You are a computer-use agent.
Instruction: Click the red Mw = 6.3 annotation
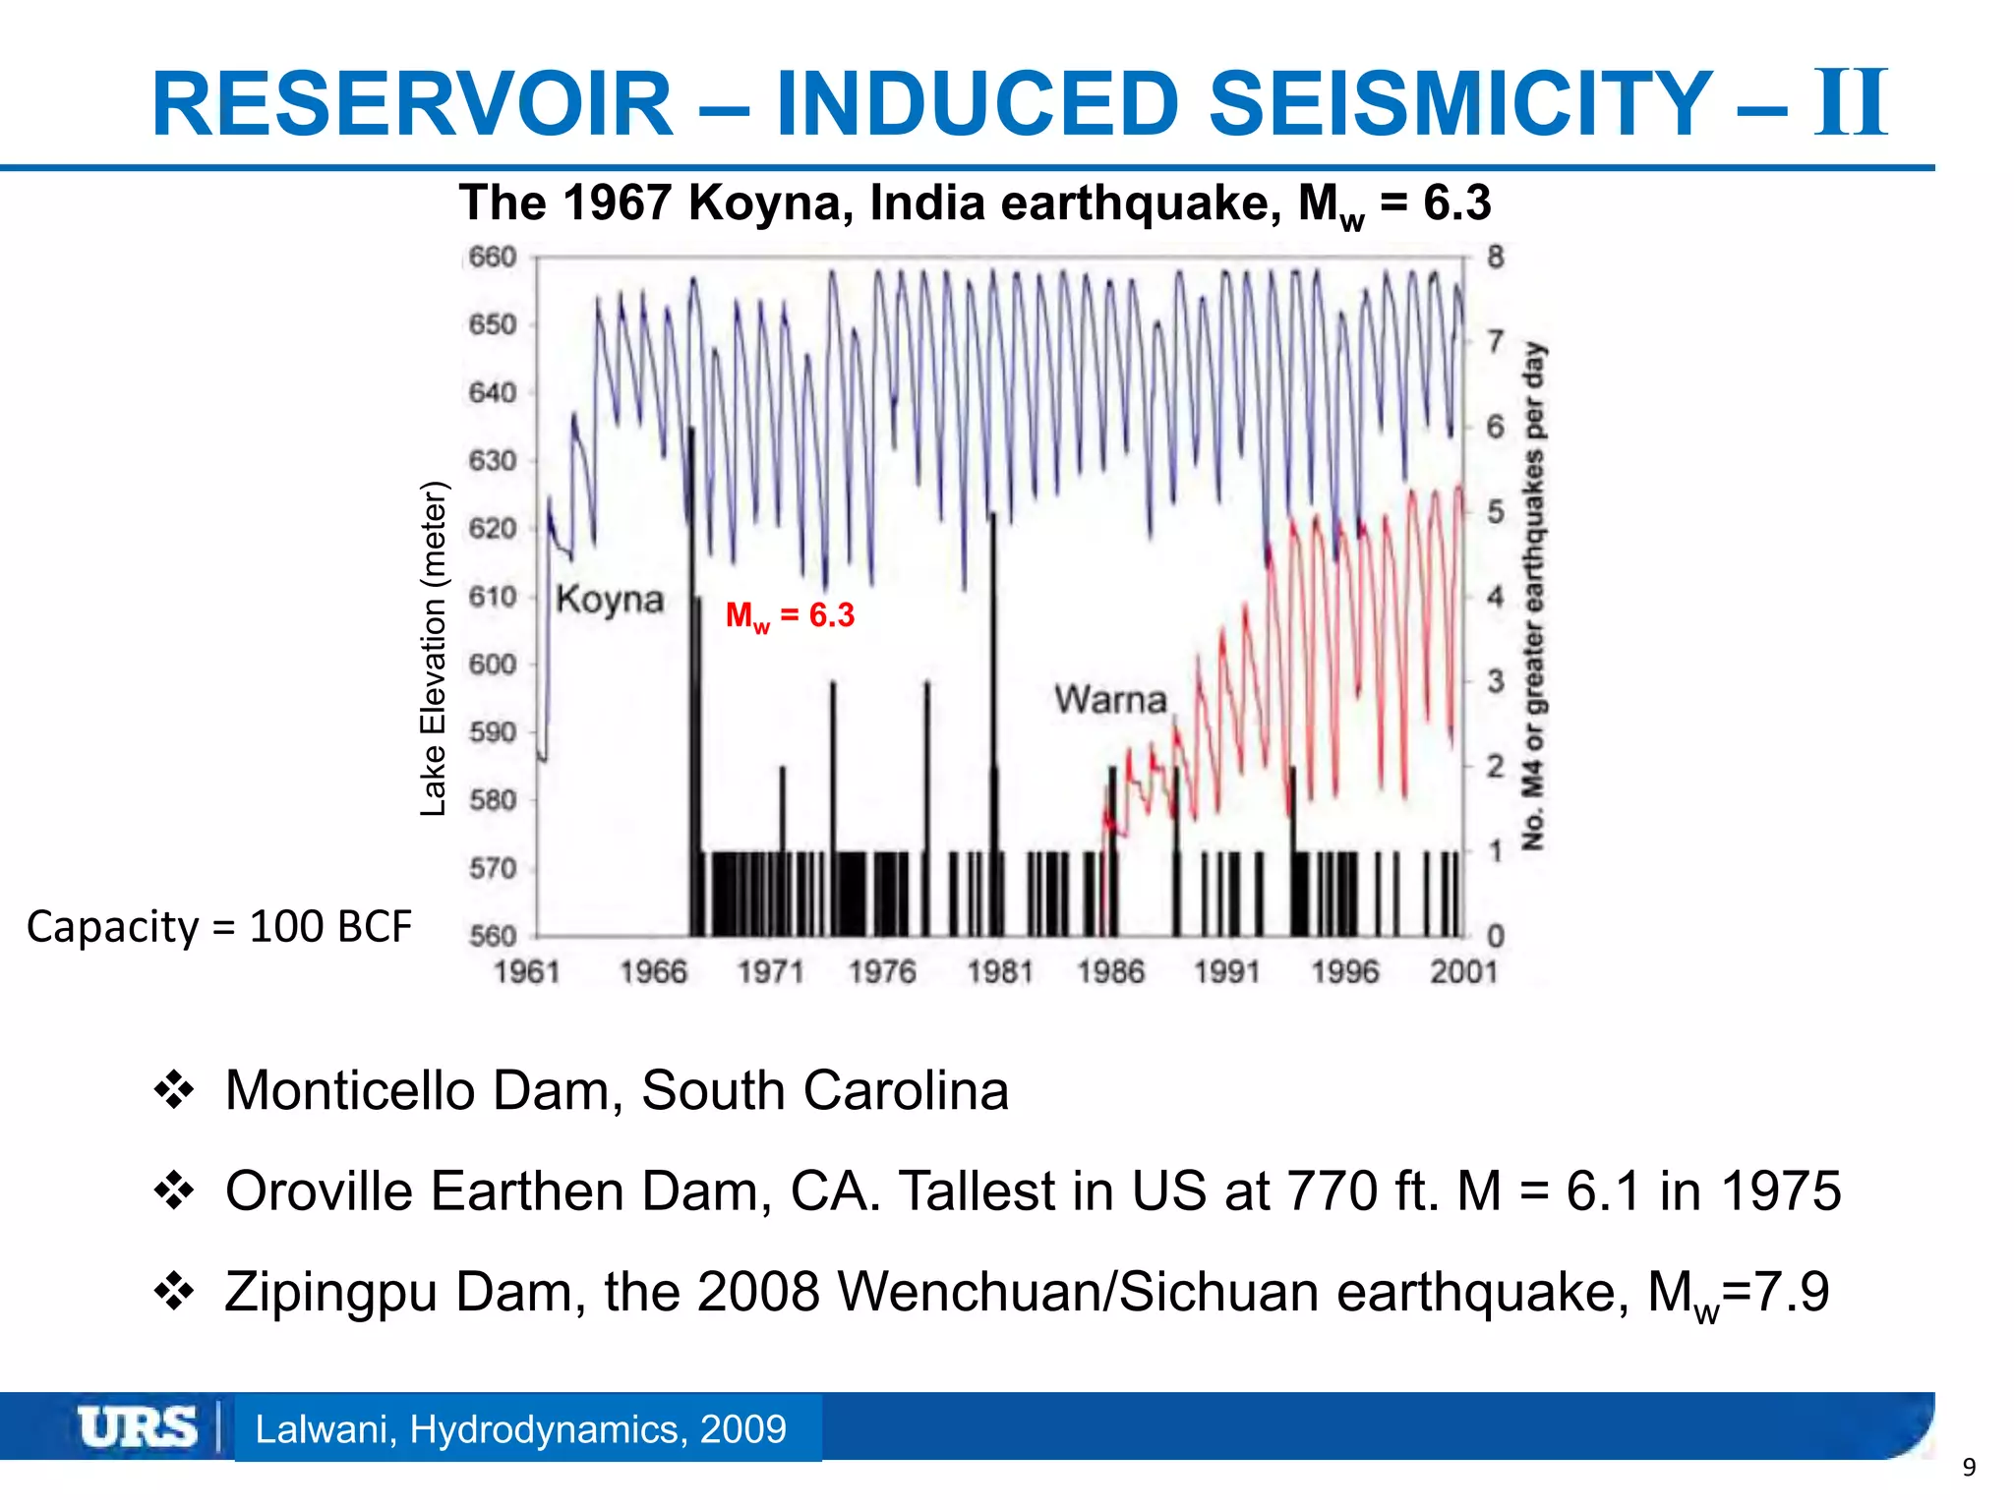point(790,616)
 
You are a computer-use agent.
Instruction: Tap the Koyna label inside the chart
point(610,599)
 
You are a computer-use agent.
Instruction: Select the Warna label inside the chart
point(1110,700)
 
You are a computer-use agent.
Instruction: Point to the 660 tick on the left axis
point(493,258)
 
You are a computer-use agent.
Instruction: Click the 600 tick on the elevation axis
point(493,665)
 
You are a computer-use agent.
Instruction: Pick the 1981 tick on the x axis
point(1000,972)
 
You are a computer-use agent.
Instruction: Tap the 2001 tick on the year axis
point(1463,972)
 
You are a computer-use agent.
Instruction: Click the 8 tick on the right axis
point(1495,258)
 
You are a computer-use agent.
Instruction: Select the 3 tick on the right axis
point(1495,681)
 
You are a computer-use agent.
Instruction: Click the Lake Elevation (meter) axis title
point(434,649)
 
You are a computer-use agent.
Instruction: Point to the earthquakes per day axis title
point(1534,596)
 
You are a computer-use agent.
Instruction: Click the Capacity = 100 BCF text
point(218,927)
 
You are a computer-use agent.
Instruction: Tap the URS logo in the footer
point(138,1427)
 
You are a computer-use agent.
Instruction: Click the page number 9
point(1969,1468)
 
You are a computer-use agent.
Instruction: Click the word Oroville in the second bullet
point(319,1191)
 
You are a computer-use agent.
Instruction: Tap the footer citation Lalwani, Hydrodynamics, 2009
point(520,1429)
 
